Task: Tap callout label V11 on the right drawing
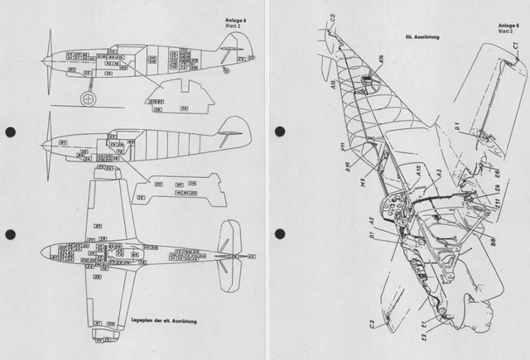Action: pyautogui.click(x=341, y=150)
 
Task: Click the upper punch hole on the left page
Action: pyautogui.click(x=10, y=132)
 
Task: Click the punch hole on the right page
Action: pyautogui.click(x=280, y=132)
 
